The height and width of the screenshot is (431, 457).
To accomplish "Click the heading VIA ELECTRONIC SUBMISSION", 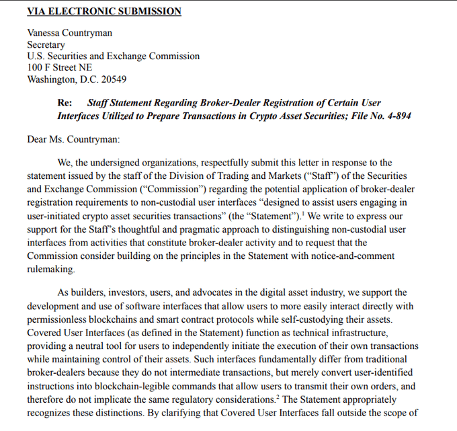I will (103, 11).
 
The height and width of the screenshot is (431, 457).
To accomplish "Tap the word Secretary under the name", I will (46, 44).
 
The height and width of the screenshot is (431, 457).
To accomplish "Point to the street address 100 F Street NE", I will (60, 68).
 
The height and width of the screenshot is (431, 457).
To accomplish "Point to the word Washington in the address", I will (52, 79).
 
